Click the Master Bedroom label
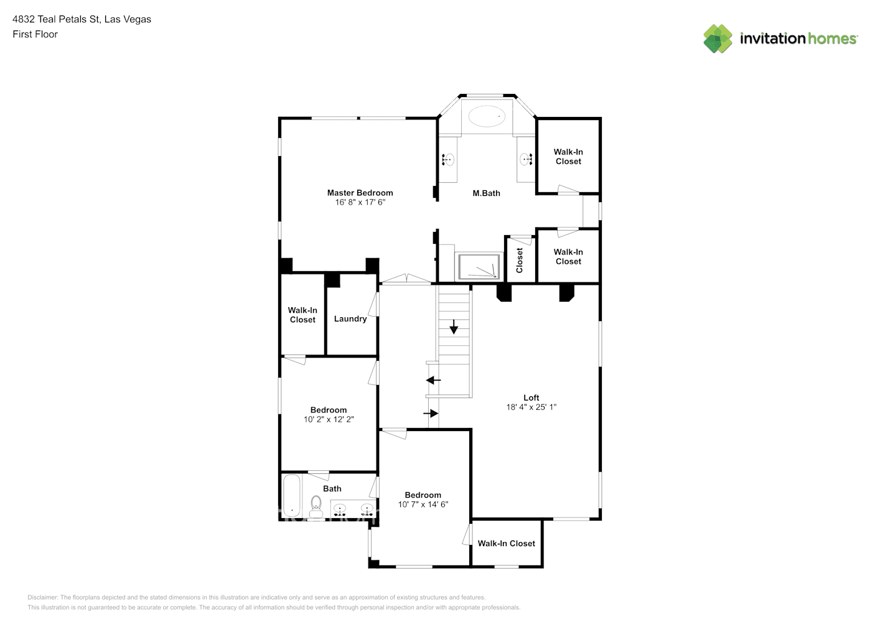click(x=360, y=193)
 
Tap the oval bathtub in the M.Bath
click(x=487, y=116)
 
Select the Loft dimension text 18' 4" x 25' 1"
click(x=531, y=407)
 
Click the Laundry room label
click(x=350, y=319)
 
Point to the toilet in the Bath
click(x=316, y=506)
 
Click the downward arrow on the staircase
click(x=454, y=327)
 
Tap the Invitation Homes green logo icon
click(x=718, y=39)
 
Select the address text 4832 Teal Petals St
click(x=56, y=19)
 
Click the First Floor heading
click(x=35, y=34)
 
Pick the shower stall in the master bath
click(x=479, y=267)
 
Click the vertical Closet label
click(x=520, y=260)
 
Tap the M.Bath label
click(x=486, y=193)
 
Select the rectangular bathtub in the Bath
click(x=291, y=496)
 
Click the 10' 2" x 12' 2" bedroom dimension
click(x=329, y=419)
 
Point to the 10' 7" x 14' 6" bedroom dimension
click(x=423, y=504)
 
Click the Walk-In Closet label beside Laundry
click(x=302, y=315)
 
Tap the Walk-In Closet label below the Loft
click(x=506, y=544)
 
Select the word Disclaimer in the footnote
click(x=42, y=597)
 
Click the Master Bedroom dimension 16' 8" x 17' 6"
click(x=360, y=202)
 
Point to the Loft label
click(x=531, y=398)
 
